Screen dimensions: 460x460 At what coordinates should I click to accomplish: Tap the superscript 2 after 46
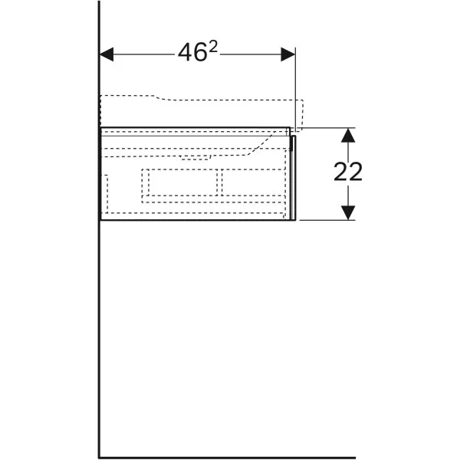tap(213, 47)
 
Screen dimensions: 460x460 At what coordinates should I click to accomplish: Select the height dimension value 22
tap(348, 172)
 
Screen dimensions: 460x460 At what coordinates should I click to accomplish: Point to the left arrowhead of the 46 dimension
tap(107, 54)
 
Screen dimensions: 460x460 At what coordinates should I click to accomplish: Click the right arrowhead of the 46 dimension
tap(287, 54)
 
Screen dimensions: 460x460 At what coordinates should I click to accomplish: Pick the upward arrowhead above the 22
tap(348, 135)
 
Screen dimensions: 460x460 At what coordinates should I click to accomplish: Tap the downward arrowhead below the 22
tap(348, 212)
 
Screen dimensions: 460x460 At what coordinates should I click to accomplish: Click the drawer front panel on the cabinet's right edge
tap(294, 178)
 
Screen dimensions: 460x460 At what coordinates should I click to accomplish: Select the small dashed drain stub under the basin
tap(195, 157)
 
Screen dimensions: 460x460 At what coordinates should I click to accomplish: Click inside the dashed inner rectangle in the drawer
tap(182, 182)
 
